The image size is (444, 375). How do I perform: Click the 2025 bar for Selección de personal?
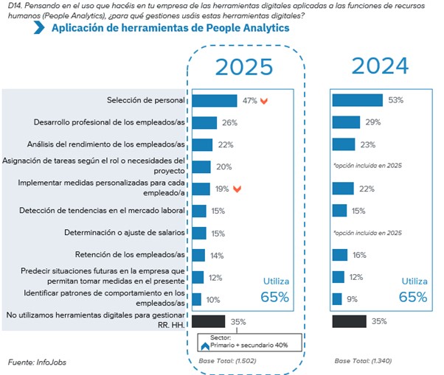click(213, 101)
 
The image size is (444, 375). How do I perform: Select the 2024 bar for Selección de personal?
click(357, 101)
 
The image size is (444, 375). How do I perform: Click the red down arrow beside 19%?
click(237, 189)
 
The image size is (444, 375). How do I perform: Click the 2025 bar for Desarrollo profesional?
click(204, 122)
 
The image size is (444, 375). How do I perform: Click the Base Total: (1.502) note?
click(228, 362)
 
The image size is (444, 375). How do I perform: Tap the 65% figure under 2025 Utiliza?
click(274, 298)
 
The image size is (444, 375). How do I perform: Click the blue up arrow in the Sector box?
click(204, 344)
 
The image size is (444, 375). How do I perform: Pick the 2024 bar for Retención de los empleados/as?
click(340, 255)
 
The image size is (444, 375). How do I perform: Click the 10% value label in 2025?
click(212, 299)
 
